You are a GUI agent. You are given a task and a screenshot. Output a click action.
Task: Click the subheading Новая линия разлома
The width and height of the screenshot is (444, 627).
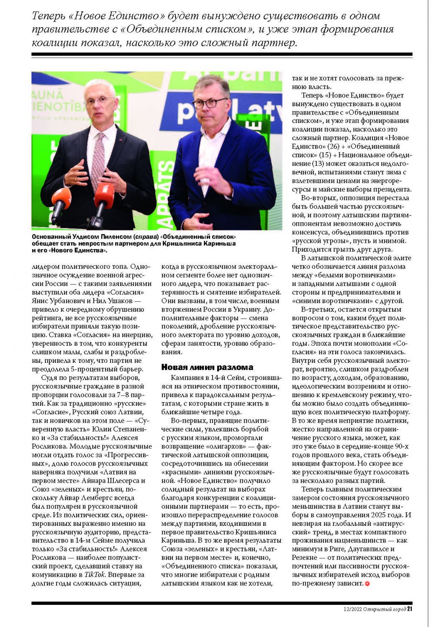coord(207,367)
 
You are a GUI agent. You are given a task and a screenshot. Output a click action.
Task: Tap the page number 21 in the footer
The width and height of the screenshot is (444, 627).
coord(410,609)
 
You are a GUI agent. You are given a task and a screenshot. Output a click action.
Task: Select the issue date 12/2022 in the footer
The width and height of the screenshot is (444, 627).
coord(349,609)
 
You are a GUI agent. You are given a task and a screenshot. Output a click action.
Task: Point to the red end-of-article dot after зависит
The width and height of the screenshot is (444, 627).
coord(367,584)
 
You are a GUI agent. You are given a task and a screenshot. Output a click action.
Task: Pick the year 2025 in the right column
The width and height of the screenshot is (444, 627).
coord(382,515)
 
